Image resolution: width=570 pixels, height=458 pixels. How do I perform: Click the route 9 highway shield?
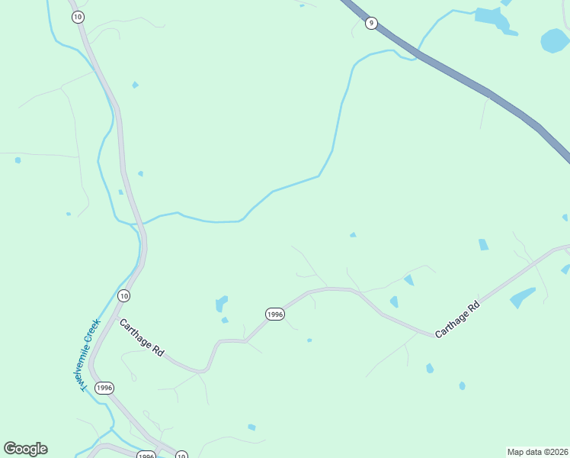tap(371, 23)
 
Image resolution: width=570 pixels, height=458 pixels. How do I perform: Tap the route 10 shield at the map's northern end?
tap(78, 17)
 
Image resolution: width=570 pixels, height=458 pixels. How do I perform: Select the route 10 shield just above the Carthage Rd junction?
tap(124, 295)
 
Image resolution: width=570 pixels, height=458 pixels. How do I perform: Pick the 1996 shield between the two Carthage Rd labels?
tap(275, 314)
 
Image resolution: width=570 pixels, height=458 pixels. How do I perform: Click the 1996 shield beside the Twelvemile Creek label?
tap(104, 388)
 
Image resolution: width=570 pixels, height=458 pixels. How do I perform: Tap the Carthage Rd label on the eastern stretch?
tap(457, 320)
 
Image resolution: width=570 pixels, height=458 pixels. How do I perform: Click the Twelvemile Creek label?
tap(91, 354)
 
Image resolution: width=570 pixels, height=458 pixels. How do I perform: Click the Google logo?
tap(25, 449)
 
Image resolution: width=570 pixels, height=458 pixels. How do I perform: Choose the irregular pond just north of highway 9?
tap(492, 18)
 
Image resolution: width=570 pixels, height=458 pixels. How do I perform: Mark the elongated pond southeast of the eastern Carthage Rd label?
tap(522, 297)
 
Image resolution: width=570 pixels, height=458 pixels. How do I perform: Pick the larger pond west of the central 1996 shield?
tap(221, 304)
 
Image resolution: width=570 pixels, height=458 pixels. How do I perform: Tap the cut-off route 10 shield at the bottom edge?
tap(181, 455)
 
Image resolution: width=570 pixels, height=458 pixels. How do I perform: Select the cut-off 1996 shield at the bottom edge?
tap(146, 455)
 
